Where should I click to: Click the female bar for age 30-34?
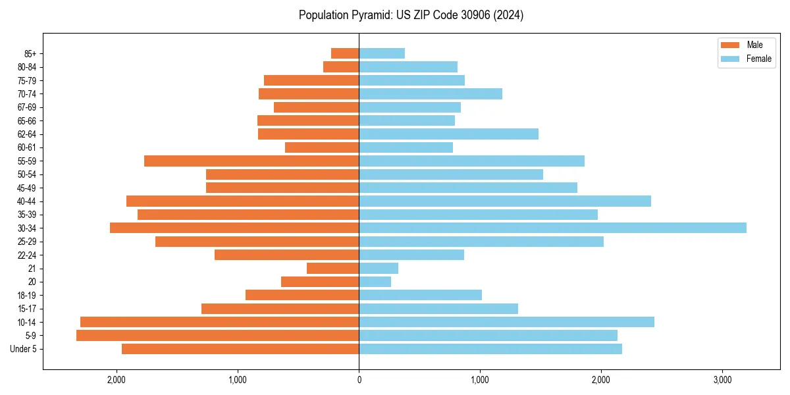[x=552, y=228]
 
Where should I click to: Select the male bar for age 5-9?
[x=217, y=335]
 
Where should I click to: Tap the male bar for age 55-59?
[x=251, y=161]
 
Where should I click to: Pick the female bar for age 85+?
[x=382, y=53]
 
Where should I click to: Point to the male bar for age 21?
[x=332, y=268]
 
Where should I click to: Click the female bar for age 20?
[x=375, y=282]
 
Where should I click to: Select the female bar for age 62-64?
[x=448, y=134]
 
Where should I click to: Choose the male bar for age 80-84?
[x=341, y=66]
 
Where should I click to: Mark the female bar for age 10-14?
[x=506, y=322]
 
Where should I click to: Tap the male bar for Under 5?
[x=240, y=349]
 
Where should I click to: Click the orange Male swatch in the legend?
[x=731, y=45]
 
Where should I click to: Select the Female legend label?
[x=758, y=59]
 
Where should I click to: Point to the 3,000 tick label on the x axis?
[x=722, y=380]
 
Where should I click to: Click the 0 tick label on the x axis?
[x=359, y=380]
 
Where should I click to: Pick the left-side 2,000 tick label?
[x=117, y=380]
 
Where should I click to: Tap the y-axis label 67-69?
[x=27, y=107]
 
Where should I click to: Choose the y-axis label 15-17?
[x=27, y=309]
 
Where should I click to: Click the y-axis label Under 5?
[x=24, y=349]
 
